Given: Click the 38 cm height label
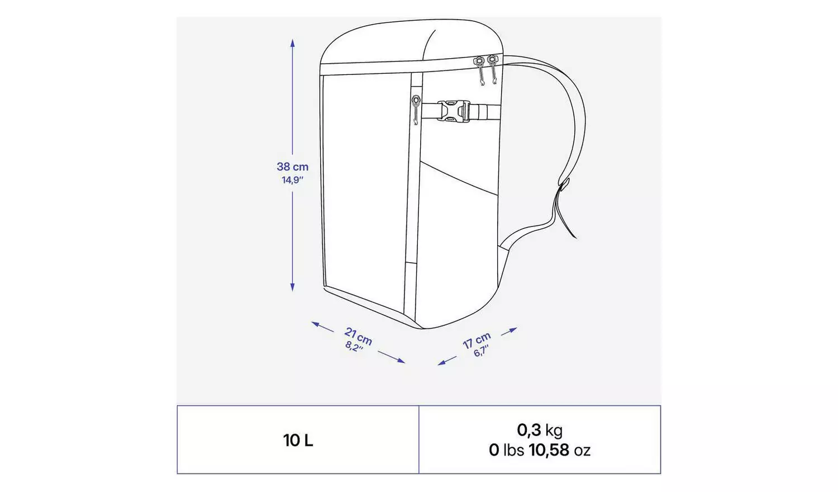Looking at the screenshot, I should (292, 167).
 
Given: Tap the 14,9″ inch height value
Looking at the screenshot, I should (292, 180).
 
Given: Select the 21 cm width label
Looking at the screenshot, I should (359, 335).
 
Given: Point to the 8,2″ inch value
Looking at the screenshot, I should (354, 347).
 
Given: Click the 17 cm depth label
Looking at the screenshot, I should (477, 340).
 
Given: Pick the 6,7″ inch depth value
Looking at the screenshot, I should (481, 351).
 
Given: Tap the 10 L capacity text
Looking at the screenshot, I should (298, 441).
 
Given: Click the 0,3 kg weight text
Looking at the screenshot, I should (539, 430).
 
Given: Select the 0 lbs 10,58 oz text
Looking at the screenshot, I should (539, 450).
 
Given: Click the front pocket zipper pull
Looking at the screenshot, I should (416, 109).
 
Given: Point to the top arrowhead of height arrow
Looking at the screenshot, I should (292, 42).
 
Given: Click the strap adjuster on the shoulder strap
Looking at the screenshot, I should (564, 185).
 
